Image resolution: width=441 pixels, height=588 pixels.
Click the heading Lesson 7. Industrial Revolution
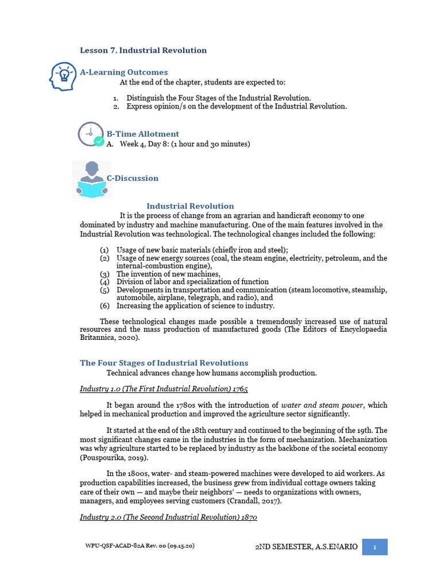(x=143, y=51)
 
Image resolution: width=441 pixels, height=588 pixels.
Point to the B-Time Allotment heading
(x=143, y=134)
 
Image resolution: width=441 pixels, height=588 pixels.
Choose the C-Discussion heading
(x=133, y=178)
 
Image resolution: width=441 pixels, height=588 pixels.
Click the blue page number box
(x=374, y=547)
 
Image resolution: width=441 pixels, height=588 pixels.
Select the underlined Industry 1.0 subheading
(x=164, y=389)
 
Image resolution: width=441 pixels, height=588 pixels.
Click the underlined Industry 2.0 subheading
(x=168, y=517)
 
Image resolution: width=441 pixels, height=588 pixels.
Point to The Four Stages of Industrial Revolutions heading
(x=164, y=363)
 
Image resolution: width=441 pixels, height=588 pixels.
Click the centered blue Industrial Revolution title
(x=190, y=206)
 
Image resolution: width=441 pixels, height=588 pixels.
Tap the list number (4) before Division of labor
(x=104, y=282)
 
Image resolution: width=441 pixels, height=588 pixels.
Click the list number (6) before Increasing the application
(x=104, y=306)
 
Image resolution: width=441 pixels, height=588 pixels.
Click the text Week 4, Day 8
(x=146, y=144)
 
